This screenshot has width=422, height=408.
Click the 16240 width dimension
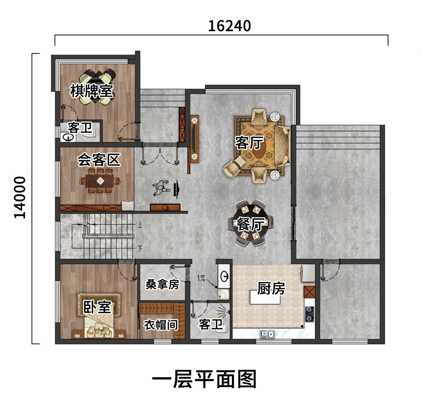coord(229,26)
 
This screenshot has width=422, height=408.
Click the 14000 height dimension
coord(20,197)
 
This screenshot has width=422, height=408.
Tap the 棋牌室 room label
coord(92,91)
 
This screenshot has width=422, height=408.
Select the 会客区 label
coord(99,160)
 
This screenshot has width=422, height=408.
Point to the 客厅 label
coord(249,143)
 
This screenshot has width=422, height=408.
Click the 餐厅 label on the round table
coord(251,224)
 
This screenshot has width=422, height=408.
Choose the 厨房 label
coord(271,288)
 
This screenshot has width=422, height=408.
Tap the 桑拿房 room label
coord(162,284)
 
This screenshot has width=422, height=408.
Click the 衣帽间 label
coord(161,325)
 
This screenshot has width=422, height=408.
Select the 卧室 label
coord(97,307)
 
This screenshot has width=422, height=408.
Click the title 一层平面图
coord(204,379)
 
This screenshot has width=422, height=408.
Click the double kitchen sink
coord(267,334)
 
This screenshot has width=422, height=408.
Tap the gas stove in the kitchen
coord(310,314)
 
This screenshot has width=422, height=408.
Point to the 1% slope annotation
coord(201,278)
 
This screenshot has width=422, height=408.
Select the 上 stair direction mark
coord(140,225)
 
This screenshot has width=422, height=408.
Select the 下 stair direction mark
coord(140,248)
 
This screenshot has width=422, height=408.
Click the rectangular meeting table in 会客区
coord(100,181)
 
